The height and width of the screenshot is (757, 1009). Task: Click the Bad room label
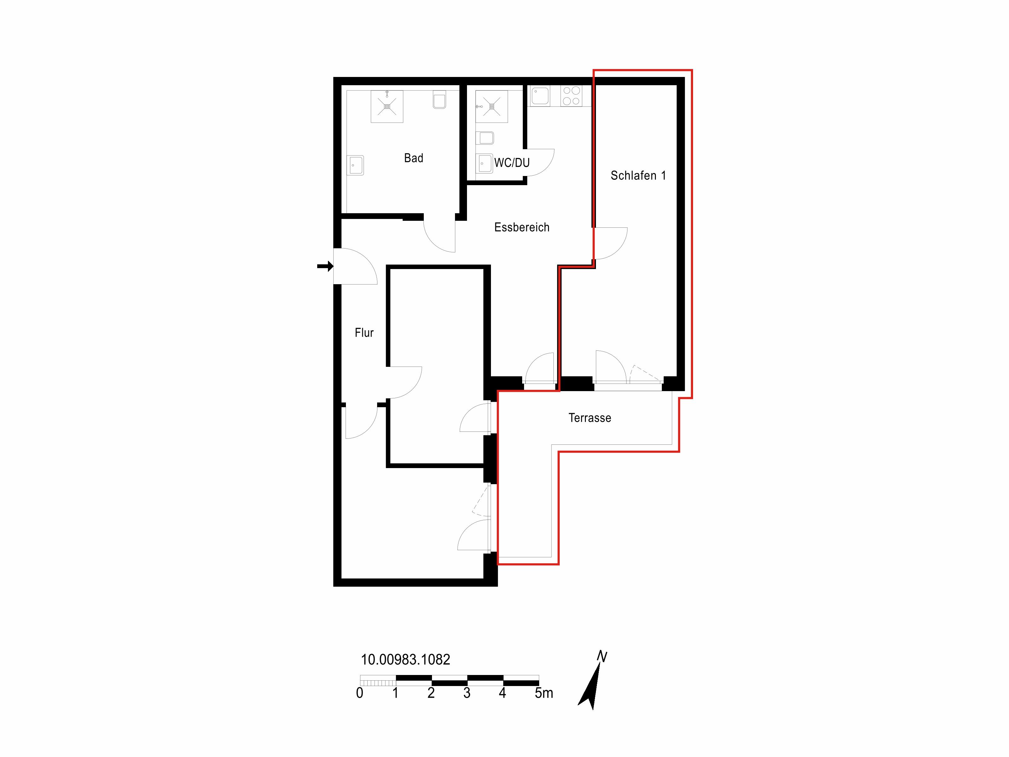point(414,158)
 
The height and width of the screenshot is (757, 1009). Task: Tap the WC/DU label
point(512,162)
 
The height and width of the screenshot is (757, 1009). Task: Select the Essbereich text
point(522,227)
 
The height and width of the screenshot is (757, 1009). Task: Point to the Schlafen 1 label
point(638,175)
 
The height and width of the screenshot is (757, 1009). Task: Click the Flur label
point(364,333)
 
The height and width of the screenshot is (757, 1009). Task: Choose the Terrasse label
point(590,418)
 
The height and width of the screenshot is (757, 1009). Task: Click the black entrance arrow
point(325,266)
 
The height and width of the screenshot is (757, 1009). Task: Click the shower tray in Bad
point(387,106)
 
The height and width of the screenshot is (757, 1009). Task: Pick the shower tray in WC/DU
point(492,106)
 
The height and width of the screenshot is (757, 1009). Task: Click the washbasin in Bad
point(356,165)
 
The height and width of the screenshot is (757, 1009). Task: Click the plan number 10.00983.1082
point(405,659)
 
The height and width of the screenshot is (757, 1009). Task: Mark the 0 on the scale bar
point(359,693)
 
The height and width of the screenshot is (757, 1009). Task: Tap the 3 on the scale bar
point(467,693)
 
